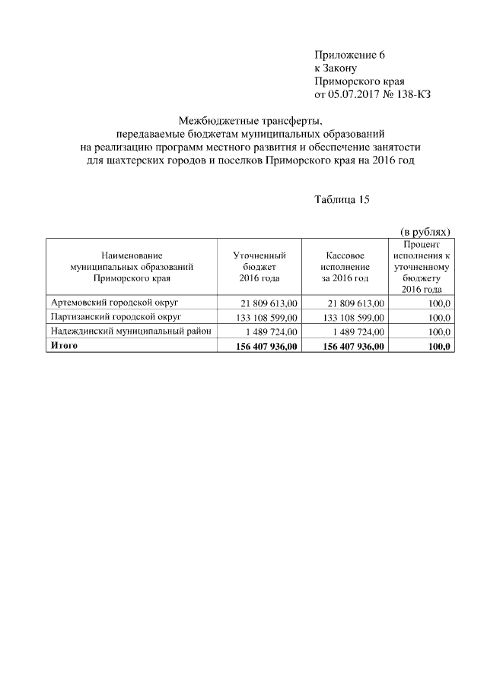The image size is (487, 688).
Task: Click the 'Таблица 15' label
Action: [342, 199]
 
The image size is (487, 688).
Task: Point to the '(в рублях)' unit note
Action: [425, 231]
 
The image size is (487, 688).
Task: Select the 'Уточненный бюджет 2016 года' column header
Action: [259, 268]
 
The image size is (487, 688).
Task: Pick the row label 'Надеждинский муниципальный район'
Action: [130, 331]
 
